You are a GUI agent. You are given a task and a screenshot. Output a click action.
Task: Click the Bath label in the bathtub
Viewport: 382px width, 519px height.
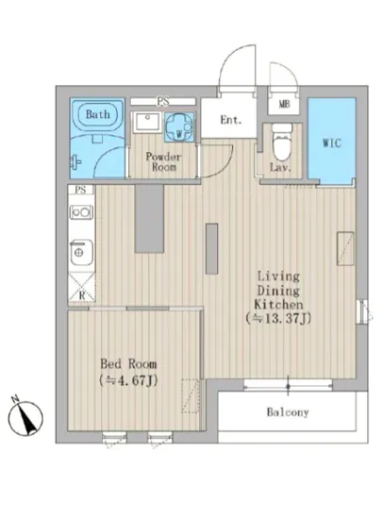coord(97,114)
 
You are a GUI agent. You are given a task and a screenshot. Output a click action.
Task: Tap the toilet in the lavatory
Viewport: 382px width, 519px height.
coord(282,142)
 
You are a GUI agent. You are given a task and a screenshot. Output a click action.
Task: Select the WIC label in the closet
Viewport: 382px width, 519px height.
coord(332,143)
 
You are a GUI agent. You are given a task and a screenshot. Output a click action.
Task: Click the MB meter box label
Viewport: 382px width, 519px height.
coord(285,104)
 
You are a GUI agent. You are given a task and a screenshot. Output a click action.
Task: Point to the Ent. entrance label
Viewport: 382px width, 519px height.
coord(231,120)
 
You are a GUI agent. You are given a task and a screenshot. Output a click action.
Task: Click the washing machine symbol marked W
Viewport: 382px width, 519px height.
coord(179,126)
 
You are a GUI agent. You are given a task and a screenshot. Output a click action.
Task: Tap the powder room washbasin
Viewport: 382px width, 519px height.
coord(147,122)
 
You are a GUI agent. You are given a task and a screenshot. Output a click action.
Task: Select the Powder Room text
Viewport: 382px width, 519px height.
coord(163,161)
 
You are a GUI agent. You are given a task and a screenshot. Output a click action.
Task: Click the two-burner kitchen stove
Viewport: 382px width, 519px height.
coord(81,211)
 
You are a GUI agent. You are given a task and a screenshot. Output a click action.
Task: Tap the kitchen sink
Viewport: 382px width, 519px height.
coord(81,253)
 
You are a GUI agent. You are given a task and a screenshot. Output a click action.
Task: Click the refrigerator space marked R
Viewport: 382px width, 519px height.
coord(82,287)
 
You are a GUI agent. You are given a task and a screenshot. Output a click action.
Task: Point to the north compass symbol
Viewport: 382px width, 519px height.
coord(25,417)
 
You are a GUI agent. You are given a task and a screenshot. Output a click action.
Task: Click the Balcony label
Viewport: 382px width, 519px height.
coord(288,412)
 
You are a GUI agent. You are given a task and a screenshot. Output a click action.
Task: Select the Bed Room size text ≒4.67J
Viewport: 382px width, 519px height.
coord(128,380)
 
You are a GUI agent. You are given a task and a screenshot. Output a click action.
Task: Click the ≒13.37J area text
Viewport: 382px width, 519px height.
coord(278,318)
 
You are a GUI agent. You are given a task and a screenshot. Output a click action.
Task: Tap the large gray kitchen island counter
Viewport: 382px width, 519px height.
coord(149,219)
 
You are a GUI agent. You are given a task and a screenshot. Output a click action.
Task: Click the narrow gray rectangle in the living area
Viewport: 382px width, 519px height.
coord(211,248)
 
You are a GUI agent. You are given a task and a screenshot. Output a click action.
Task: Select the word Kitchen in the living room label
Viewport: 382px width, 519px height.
coord(278,304)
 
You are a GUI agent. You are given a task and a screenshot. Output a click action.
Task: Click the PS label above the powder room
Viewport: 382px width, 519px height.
coord(163,101)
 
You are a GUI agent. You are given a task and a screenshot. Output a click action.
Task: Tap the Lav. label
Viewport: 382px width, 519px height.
coord(280,167)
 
